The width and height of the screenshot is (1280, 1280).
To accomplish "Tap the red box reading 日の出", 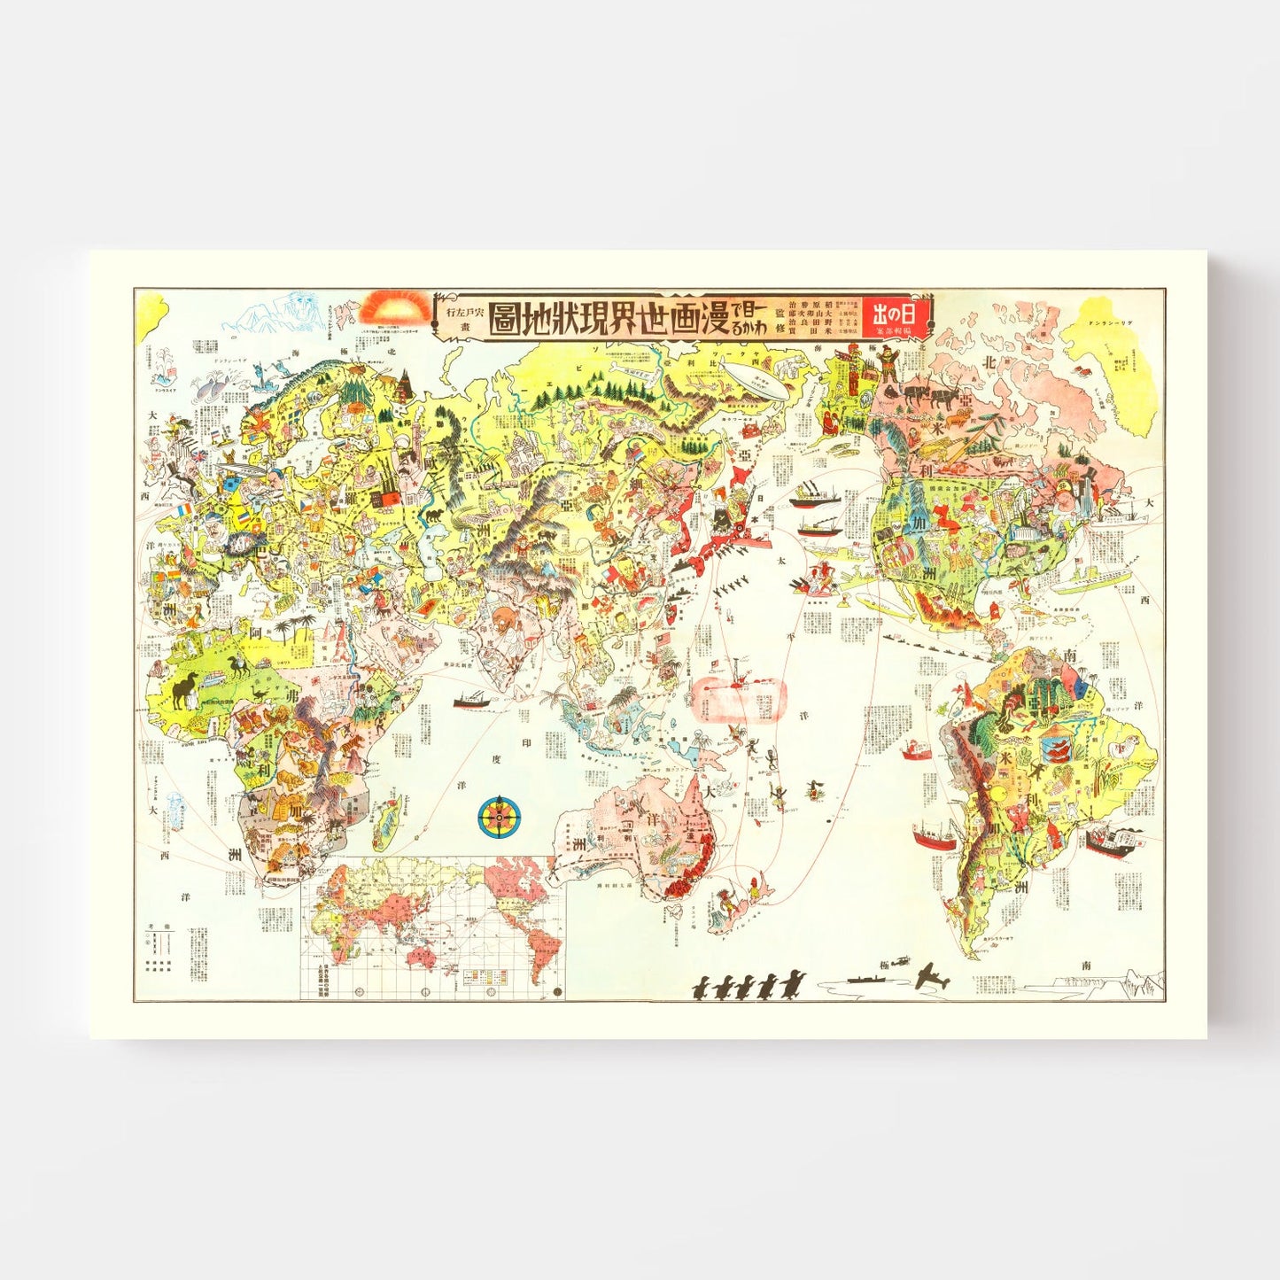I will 896,315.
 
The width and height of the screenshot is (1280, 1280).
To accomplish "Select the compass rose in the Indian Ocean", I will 500,818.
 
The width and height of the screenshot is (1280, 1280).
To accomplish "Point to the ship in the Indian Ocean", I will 472,701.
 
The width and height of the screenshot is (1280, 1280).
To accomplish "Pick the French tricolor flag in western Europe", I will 186,510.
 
